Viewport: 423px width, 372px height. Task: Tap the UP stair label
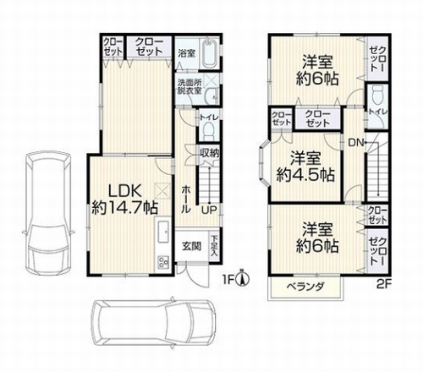(207, 209)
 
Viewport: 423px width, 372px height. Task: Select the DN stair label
(355, 142)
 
